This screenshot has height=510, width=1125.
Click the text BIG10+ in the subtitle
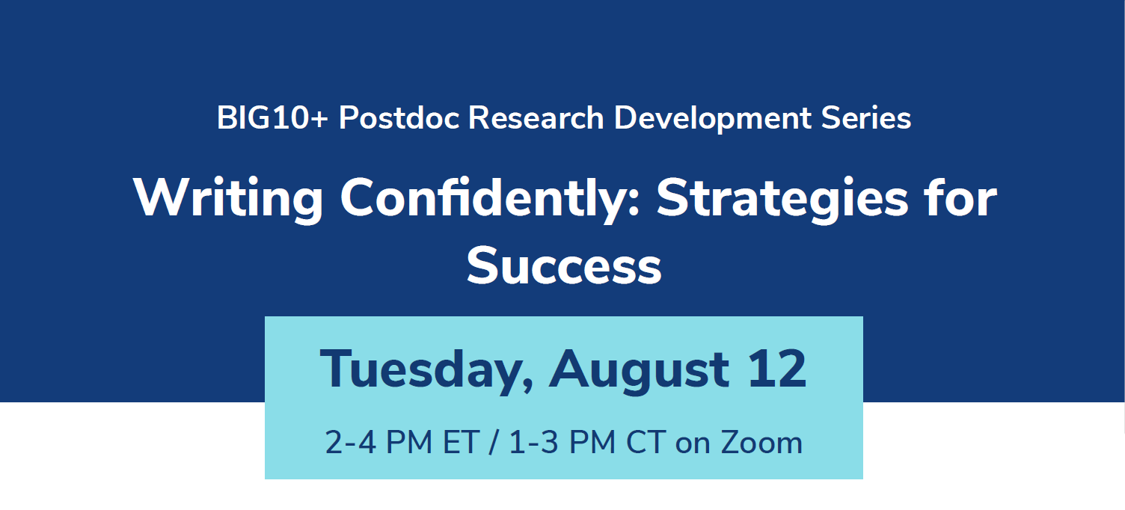pos(272,118)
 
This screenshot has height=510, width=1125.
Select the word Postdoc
pos(399,118)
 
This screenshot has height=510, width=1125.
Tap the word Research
pos(536,118)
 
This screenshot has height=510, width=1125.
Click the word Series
pos(866,118)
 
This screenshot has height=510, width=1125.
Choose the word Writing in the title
pos(228,199)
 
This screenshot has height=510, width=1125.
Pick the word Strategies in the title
pos(782,199)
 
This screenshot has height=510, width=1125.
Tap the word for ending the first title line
pos(960,197)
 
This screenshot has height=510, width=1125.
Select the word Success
pos(564,266)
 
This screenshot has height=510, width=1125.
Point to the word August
pos(639,370)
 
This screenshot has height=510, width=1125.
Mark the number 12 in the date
pos(777,369)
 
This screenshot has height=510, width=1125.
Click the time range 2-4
pos(351,442)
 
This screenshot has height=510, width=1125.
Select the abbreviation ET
pos(461,442)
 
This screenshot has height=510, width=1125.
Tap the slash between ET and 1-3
pos(494,443)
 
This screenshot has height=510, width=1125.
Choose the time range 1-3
pos(533,442)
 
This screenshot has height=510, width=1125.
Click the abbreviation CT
pos(646,442)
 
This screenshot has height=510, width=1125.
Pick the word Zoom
pos(761,442)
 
